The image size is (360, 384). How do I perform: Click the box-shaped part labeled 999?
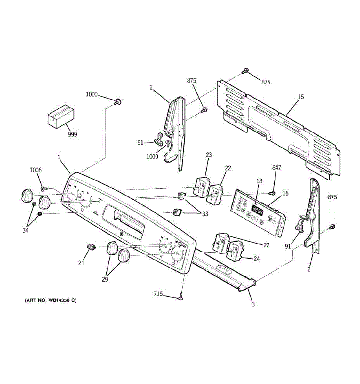point(61,117)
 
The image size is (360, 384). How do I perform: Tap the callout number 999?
point(72,135)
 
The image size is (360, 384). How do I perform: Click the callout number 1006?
point(36,170)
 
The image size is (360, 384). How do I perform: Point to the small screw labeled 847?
point(273,193)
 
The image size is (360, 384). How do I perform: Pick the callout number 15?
point(301,97)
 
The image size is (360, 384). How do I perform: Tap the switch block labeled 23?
point(201,188)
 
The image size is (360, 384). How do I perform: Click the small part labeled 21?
point(92,247)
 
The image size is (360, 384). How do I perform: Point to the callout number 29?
point(105,279)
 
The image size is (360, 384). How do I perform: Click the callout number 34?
point(26,230)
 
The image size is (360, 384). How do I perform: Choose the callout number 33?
point(205,214)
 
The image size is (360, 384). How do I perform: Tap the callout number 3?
point(253,304)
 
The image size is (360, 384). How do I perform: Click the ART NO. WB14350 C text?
point(51,300)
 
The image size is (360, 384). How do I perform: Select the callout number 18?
point(259,181)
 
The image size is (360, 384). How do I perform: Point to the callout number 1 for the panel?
point(59,157)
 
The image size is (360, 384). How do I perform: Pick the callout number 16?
point(285,193)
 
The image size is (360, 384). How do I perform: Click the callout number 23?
point(209,155)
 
